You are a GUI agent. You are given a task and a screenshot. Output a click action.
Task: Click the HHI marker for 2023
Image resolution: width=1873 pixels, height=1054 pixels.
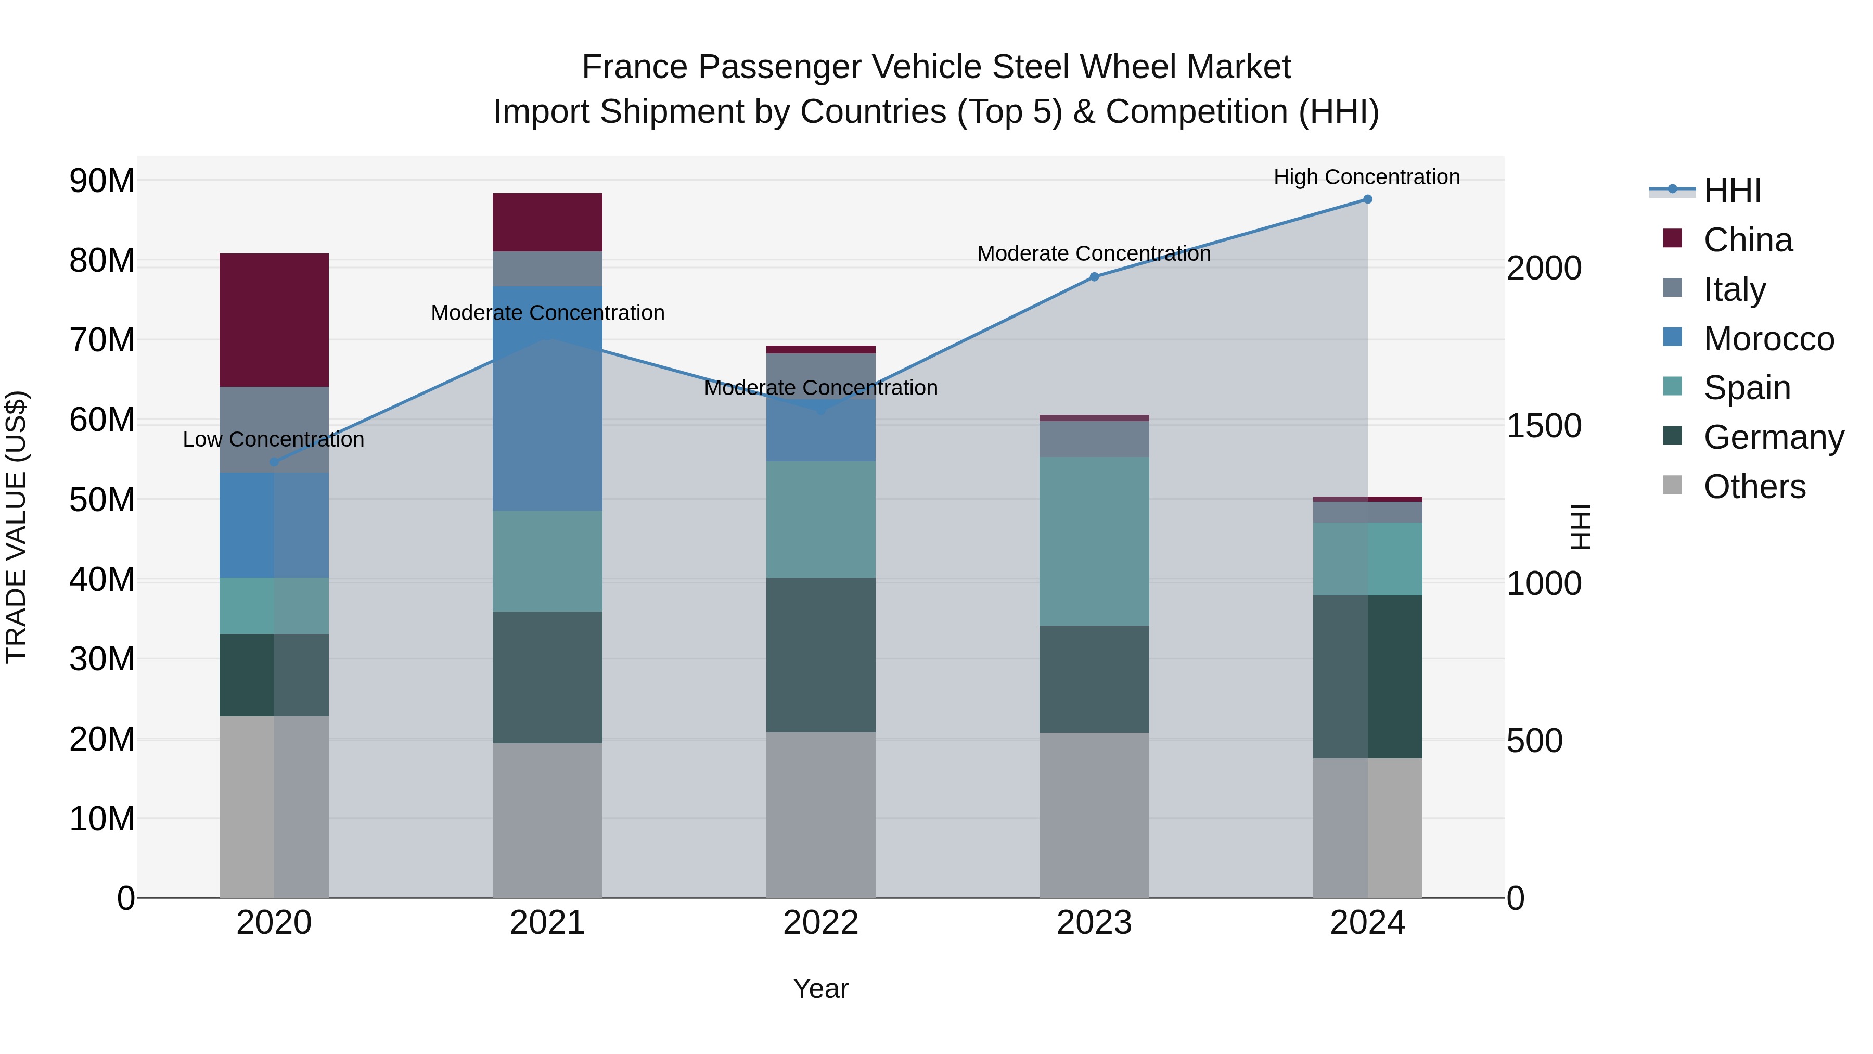tap(1094, 276)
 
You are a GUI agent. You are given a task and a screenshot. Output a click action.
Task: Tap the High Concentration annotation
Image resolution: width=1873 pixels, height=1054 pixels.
tap(1366, 177)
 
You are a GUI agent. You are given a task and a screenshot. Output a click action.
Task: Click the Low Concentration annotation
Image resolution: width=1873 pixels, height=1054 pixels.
tap(273, 439)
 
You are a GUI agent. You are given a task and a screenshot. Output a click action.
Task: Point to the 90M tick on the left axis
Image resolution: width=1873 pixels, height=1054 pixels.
tap(102, 181)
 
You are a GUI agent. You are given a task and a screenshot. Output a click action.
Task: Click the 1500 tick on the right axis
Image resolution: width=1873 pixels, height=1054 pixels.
tap(1544, 426)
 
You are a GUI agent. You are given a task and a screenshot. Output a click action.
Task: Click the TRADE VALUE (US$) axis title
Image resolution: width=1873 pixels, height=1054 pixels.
tap(16, 527)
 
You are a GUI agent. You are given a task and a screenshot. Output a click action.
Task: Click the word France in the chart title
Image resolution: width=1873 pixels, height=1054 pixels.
tap(634, 67)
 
